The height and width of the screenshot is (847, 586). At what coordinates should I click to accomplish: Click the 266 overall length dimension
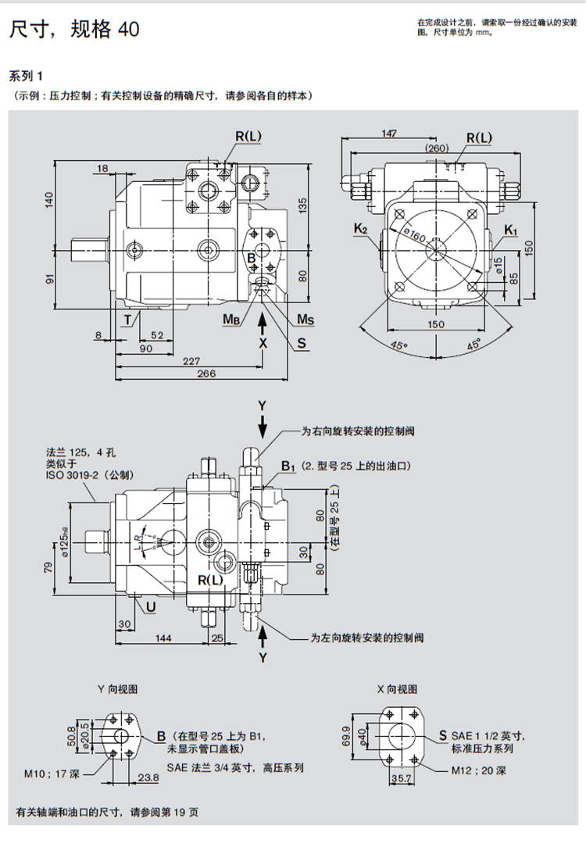pos(205,374)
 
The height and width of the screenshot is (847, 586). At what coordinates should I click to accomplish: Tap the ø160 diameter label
pos(415,234)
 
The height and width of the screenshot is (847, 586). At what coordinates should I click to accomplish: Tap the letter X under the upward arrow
pos(263,342)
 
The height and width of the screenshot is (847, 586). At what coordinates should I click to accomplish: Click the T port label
pos(127,319)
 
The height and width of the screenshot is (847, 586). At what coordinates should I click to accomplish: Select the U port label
pos(150,606)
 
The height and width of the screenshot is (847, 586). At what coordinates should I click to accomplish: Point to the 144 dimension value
pos(163,638)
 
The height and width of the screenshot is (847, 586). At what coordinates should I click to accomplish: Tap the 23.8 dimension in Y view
pos(148,777)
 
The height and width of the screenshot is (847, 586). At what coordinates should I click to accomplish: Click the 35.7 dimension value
pos(401,779)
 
